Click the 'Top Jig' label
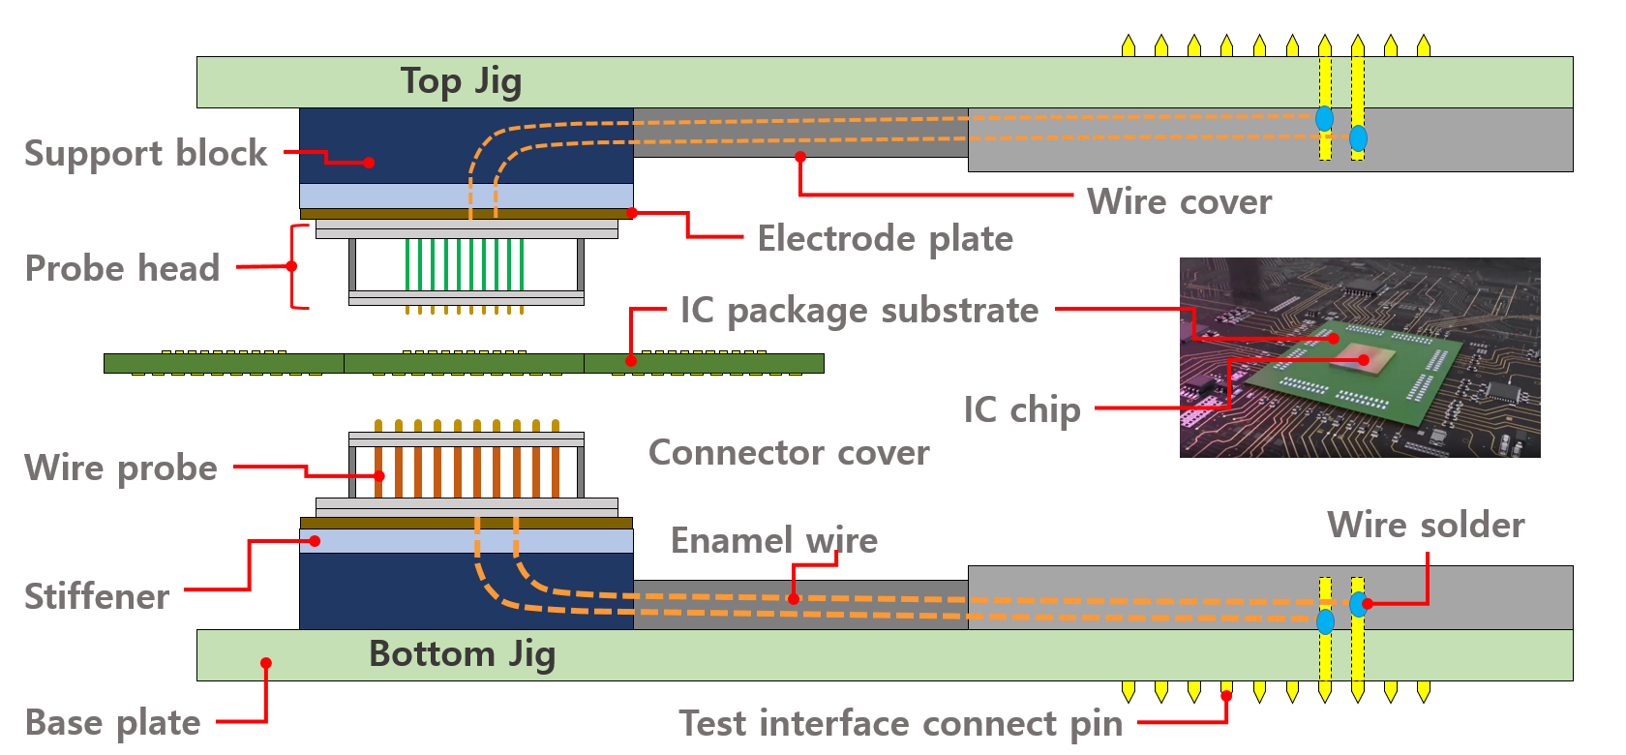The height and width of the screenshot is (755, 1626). pos(461,81)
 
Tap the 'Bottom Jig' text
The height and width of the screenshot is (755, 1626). pos(462,654)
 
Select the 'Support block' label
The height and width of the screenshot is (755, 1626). pos(146,154)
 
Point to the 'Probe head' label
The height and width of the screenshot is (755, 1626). pos(123,268)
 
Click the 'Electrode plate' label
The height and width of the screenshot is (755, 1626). pos(885,238)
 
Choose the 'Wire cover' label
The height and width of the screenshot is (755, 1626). pos(1179,201)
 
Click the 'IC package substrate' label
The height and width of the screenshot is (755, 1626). pos(858,311)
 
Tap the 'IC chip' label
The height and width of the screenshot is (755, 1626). pos(1021,409)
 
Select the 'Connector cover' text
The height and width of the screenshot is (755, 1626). pos(789,452)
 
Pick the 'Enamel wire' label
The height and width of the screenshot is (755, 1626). pos(773,540)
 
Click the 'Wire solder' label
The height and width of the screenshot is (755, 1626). pos(1425,525)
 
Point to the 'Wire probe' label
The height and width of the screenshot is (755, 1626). pos(121,468)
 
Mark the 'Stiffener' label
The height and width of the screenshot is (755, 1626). pos(97,596)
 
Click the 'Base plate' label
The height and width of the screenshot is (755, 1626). pos(112,722)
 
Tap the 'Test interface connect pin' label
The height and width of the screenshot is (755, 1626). pos(900,723)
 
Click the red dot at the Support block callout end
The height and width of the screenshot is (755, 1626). pos(369,163)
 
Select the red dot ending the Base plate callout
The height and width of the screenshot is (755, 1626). pos(266,663)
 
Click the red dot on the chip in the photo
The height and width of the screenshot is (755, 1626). pos(1364,360)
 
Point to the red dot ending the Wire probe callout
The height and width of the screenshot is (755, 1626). pos(379,476)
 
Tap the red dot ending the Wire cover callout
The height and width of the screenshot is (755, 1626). pos(800,156)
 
